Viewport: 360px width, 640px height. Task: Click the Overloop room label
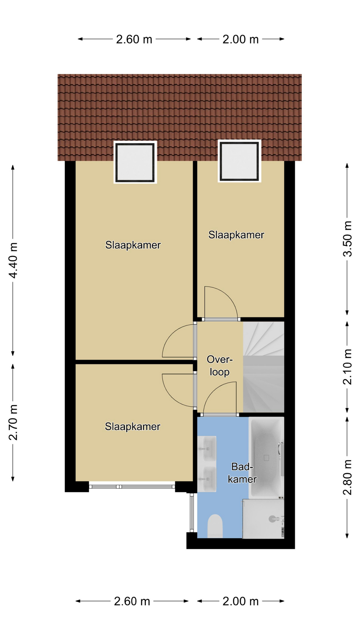click(219, 366)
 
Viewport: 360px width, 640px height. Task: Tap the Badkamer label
click(242, 473)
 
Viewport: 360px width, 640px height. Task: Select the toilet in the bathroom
click(215, 526)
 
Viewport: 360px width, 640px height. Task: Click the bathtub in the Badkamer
click(266, 458)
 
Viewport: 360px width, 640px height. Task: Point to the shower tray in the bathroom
click(263, 519)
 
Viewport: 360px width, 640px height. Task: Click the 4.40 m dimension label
click(13, 260)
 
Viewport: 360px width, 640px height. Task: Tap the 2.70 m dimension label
click(13, 422)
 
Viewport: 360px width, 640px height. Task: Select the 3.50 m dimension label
click(347, 239)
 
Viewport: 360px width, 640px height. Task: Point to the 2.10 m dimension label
click(347, 367)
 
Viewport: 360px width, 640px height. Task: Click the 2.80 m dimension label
click(347, 477)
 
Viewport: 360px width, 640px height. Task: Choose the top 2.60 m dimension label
click(134, 39)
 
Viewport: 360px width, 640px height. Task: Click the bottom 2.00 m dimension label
click(240, 601)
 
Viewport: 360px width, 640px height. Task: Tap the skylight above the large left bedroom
click(135, 162)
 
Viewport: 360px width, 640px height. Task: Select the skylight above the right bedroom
click(239, 161)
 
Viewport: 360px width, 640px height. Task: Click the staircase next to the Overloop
click(263, 367)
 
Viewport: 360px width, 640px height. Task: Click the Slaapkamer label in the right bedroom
click(236, 235)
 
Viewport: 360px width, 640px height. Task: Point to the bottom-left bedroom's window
click(132, 487)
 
